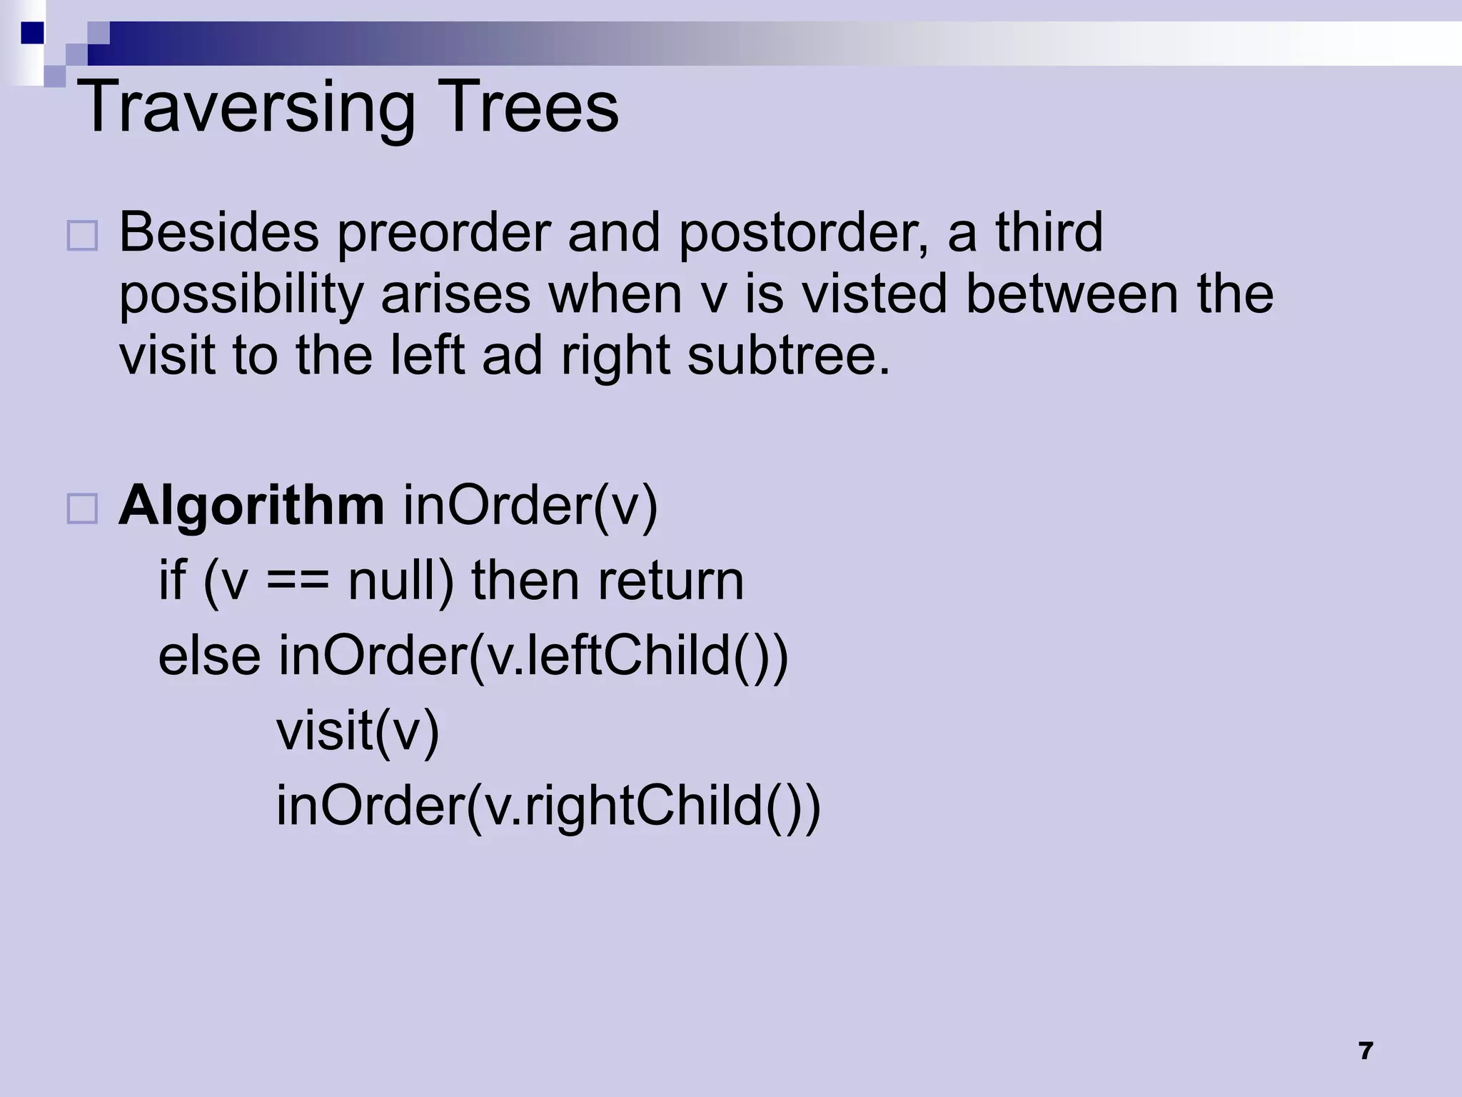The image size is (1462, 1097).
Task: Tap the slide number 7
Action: point(1366,1051)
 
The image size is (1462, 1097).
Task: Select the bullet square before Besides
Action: point(82,236)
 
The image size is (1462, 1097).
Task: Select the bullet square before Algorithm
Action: point(82,509)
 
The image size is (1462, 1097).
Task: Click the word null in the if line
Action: point(400,580)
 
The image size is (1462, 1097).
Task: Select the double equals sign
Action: point(298,581)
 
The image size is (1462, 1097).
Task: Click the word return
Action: point(671,580)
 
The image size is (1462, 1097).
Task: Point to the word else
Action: point(209,655)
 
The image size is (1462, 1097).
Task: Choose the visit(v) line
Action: point(358,731)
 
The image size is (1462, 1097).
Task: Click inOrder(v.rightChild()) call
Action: point(548,806)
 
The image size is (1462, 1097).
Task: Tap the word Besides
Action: point(218,233)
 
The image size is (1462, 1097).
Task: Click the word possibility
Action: point(241,295)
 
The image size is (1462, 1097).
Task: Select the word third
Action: point(1049,233)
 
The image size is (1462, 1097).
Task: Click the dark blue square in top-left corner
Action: point(32,33)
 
